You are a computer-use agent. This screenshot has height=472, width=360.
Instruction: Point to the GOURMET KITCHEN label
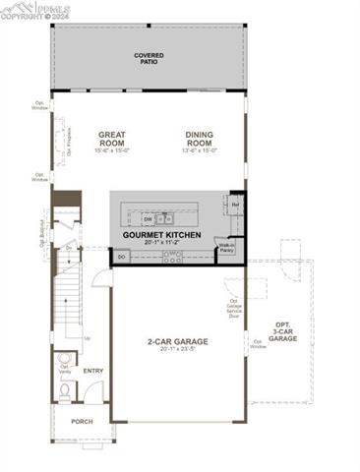pos(162,237)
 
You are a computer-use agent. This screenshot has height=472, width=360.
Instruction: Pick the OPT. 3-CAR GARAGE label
pos(282,332)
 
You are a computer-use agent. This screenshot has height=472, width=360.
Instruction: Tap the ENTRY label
pos(93,371)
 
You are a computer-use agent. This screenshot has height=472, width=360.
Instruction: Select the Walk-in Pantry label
pos(226,250)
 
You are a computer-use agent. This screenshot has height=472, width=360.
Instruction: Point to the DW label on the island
pos(146,218)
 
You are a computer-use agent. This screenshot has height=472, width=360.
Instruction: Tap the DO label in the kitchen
pos(122,256)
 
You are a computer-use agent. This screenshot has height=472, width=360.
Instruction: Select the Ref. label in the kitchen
pos(236,205)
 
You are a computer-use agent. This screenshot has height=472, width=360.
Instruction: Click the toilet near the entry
pos(64,391)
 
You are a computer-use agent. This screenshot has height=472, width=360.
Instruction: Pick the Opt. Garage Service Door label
pos(233,309)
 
